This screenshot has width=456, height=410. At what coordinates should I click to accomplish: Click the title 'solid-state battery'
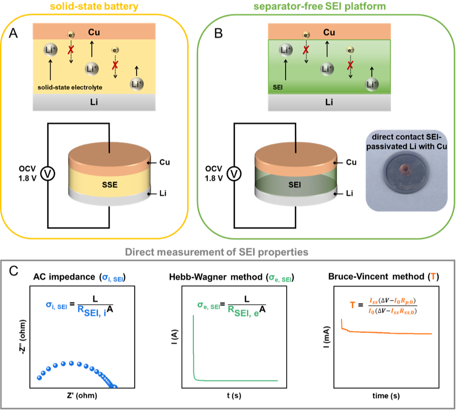point(94,7)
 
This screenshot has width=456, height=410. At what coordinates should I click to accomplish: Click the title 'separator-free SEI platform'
point(320,7)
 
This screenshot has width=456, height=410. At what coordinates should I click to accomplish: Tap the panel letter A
point(13,34)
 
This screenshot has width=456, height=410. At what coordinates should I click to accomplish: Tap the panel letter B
point(219,34)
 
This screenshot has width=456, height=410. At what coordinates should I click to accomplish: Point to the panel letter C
point(14,271)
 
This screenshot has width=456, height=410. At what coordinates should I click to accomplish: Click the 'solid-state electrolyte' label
point(70,87)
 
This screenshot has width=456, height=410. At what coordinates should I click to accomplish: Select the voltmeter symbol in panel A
point(47,174)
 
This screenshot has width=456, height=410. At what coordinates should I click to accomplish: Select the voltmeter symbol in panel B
point(234,174)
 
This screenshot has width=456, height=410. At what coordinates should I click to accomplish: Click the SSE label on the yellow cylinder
point(110,185)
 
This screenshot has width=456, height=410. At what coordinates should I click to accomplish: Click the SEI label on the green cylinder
point(295,185)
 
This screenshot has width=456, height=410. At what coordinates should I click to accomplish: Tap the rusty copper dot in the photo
point(404,169)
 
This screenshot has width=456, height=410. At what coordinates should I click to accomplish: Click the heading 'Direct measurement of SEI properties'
point(217,252)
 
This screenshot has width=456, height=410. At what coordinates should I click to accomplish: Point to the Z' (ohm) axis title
point(82,395)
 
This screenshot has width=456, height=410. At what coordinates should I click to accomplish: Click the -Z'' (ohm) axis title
point(23,336)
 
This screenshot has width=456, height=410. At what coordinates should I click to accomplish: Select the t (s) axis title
point(234,395)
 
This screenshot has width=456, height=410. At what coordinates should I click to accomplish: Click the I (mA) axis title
point(326,337)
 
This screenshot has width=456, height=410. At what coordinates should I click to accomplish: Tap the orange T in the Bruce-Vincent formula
point(352,305)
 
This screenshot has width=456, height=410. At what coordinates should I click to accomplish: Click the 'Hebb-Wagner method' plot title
point(216,277)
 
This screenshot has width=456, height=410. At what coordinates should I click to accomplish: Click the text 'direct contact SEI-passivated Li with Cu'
point(406,141)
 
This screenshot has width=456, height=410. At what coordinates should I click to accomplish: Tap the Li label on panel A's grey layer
point(94,102)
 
